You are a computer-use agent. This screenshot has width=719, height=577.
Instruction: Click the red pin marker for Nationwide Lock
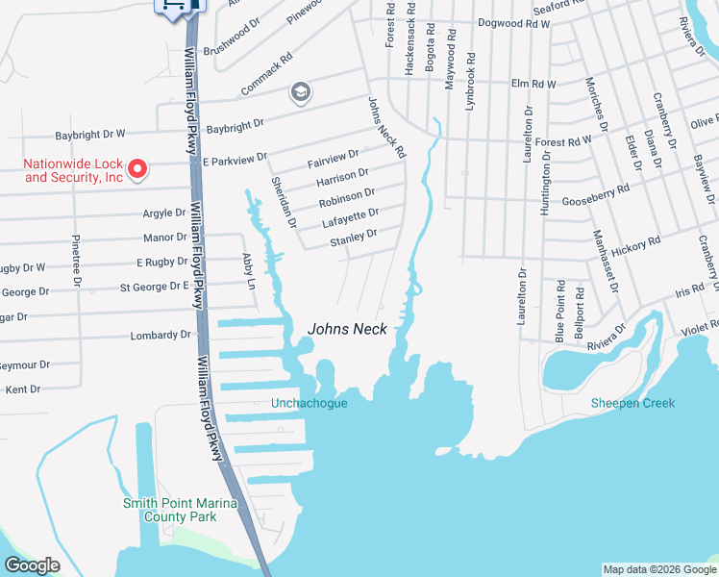click(136, 170)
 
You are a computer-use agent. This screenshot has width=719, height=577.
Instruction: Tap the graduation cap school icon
click(301, 92)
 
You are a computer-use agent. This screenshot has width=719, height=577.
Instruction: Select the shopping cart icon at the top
click(173, 6)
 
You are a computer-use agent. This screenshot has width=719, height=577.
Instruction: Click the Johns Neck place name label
click(347, 329)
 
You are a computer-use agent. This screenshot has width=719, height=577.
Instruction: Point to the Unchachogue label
click(309, 403)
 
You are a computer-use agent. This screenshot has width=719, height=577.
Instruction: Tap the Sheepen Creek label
click(632, 403)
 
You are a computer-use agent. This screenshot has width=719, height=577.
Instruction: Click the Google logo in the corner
click(32, 565)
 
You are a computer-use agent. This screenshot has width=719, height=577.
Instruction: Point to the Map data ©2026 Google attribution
click(658, 569)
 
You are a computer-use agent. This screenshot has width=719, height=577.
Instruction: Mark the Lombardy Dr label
click(163, 335)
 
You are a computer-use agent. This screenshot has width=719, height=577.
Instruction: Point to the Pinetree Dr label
click(75, 260)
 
